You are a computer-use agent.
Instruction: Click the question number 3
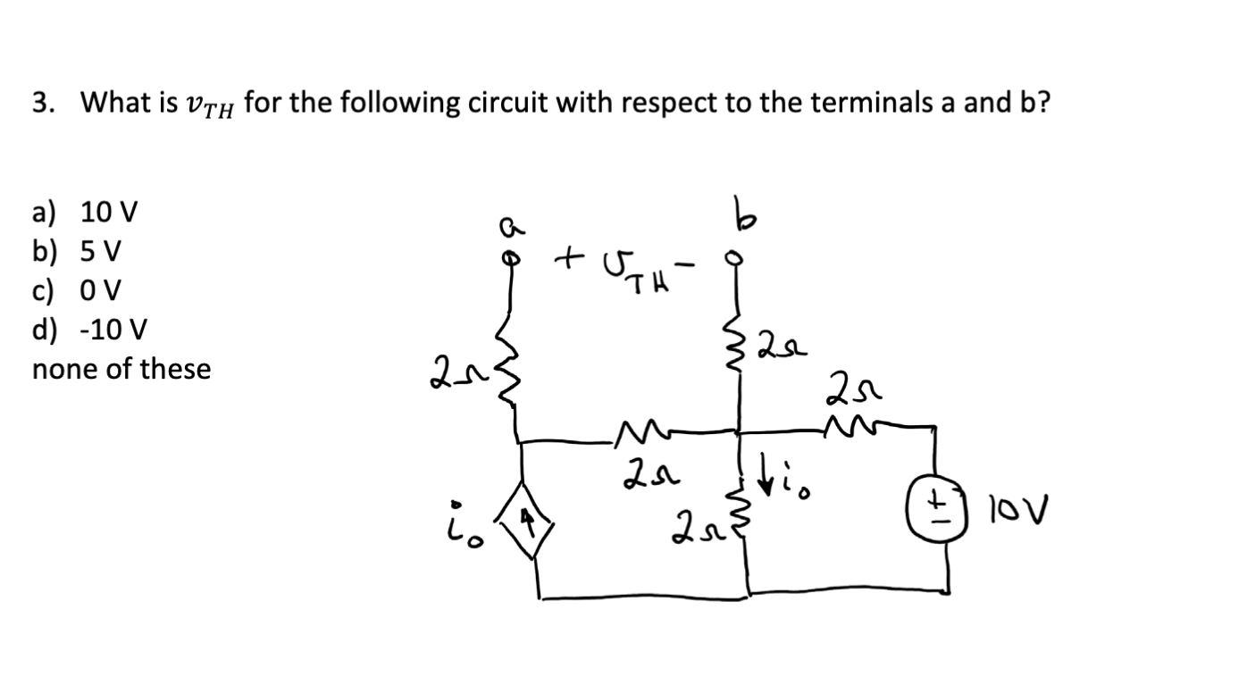(40, 104)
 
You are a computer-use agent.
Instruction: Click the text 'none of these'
(121, 369)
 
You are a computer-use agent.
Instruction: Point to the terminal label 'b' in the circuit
(739, 217)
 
